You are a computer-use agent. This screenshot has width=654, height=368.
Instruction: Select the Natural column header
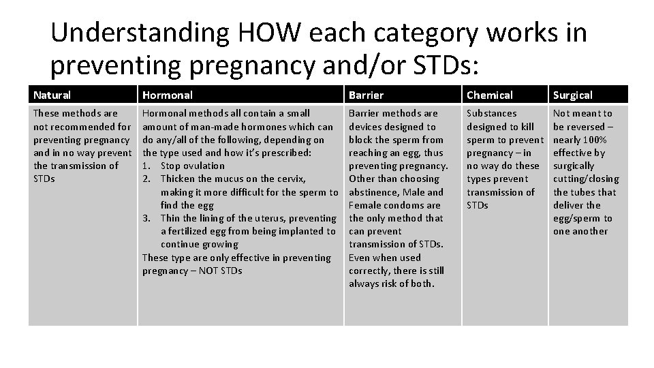coord(52,95)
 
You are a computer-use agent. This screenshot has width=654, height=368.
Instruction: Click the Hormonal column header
coord(168,95)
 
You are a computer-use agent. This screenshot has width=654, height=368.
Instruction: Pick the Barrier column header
coord(366,95)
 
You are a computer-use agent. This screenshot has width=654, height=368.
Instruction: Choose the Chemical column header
coord(490,95)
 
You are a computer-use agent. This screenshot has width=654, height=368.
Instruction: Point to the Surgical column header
coord(572,95)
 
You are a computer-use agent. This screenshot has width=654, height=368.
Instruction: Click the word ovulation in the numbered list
coord(203,166)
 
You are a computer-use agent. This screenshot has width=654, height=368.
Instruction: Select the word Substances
coord(491,113)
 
